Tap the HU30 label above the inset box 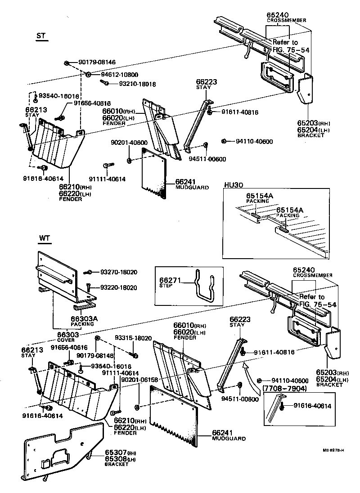[x=233, y=185]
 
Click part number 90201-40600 [x=129, y=143]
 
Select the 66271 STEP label [x=170, y=282]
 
